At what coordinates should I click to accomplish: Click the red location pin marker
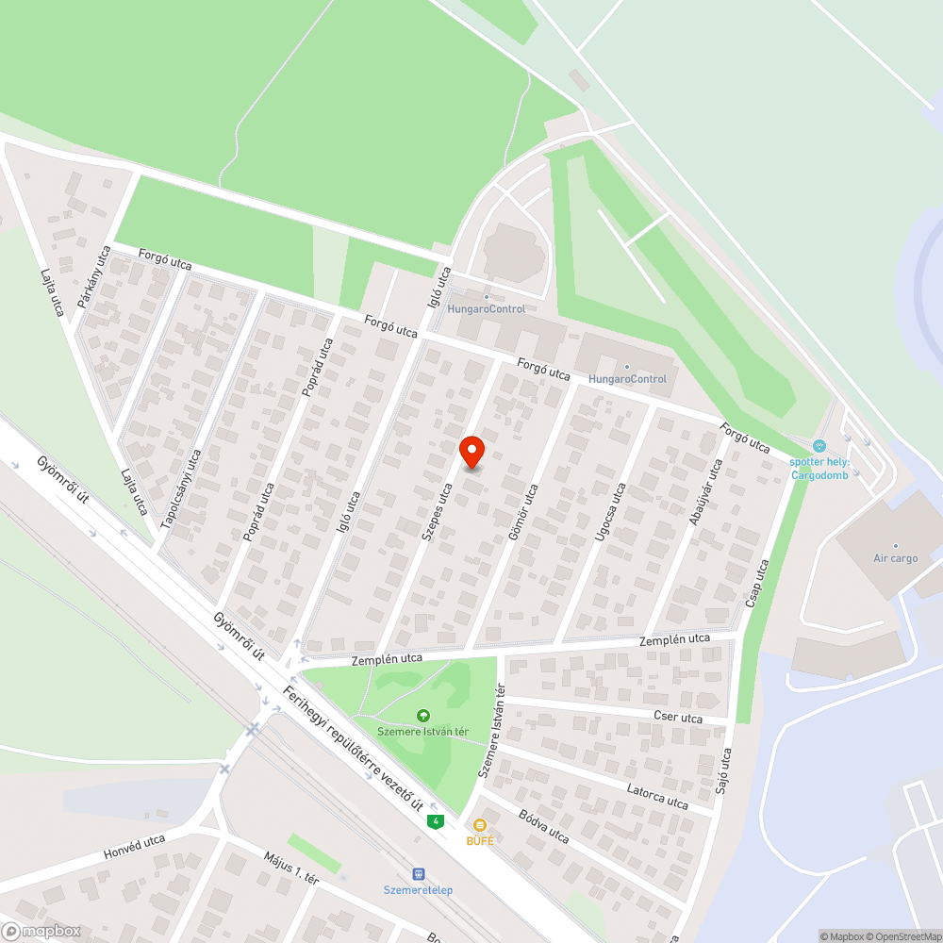point(471,453)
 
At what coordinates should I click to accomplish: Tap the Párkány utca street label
point(96,277)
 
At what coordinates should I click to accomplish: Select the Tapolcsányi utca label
point(182,488)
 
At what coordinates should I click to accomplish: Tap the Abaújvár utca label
point(705,491)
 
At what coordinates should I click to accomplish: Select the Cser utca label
point(678,718)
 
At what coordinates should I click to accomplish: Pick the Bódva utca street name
point(544,827)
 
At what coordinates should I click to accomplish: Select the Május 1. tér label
point(291,868)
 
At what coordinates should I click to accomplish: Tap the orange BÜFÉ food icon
point(480,825)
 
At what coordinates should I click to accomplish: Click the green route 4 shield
point(435,821)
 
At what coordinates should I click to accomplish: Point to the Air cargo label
point(895,558)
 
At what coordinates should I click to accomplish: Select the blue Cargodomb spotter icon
point(819,445)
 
